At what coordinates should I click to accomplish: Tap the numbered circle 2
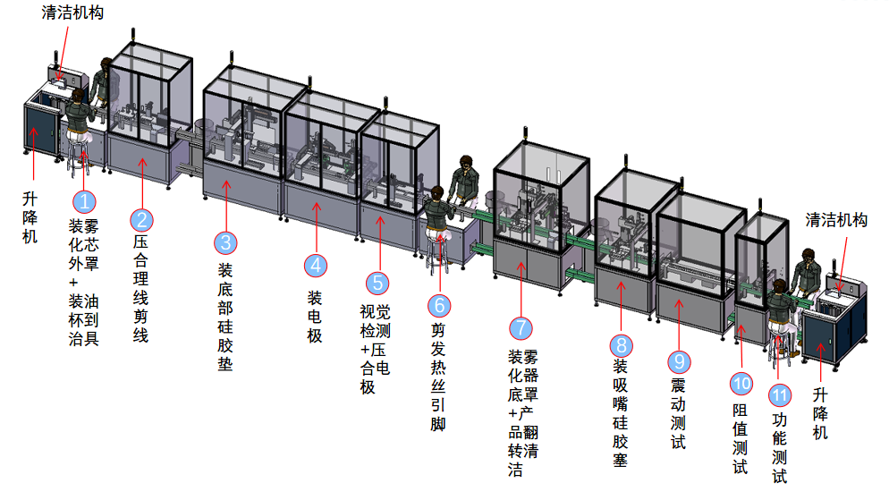141,219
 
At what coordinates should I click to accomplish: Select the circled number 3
226,242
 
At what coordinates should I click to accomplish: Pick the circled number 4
315,265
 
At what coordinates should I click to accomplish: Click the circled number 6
438,305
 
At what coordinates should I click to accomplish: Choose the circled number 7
520,328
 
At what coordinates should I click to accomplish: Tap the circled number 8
621,344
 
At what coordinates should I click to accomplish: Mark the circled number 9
679,361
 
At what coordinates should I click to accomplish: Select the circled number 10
741,384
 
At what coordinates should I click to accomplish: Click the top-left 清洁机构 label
72,13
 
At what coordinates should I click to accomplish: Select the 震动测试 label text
679,413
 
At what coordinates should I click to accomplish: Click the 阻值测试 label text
741,439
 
